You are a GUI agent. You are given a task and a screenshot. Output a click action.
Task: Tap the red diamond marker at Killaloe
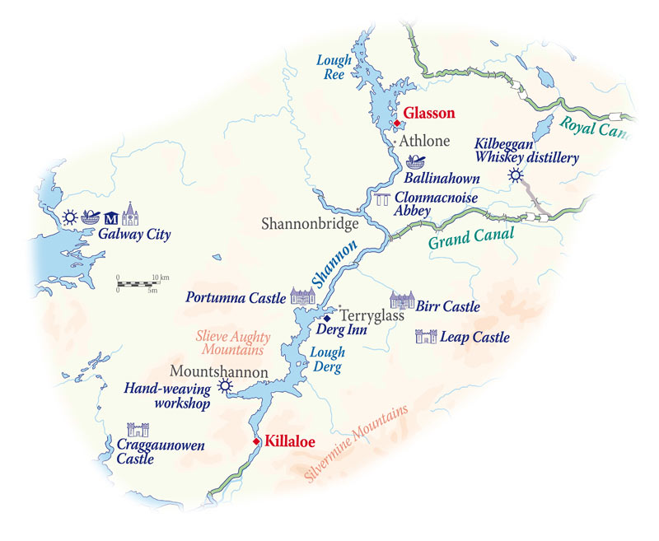click(x=257, y=441)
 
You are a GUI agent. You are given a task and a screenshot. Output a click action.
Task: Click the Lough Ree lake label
click(x=336, y=67)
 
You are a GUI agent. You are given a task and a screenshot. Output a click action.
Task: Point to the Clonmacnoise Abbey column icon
click(x=382, y=199)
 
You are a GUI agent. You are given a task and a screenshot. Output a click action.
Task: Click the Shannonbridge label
click(x=309, y=223)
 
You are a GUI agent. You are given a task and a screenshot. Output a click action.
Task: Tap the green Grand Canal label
click(x=470, y=238)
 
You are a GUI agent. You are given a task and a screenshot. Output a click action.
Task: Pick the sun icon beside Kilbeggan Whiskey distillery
click(x=516, y=175)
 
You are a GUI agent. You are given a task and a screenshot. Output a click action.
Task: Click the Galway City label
click(x=134, y=235)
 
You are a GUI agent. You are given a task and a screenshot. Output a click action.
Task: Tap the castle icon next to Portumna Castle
click(x=298, y=296)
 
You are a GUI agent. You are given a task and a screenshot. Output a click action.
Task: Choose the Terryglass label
click(x=367, y=315)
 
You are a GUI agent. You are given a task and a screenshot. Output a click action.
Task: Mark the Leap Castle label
click(x=474, y=337)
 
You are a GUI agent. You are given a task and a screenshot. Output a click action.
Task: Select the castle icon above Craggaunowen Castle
click(x=137, y=430)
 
